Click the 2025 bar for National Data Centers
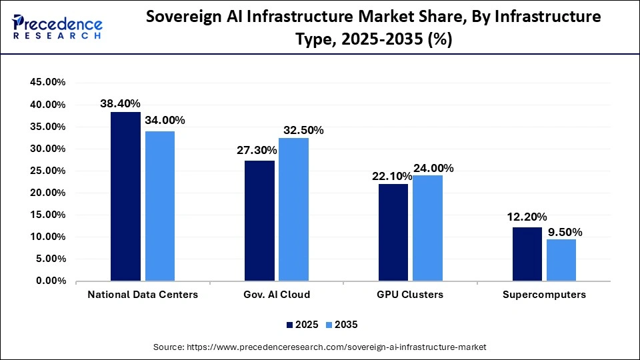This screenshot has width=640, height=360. [125, 197]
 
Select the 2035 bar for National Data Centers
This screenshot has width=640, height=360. [159, 206]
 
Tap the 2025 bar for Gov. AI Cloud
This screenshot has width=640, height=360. [259, 221]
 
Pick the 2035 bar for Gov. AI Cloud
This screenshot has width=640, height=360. [293, 209]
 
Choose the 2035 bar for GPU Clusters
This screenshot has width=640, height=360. [427, 228]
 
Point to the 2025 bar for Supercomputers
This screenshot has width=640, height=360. [527, 254]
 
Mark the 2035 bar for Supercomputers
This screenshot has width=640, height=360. [561, 260]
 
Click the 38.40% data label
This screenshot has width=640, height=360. [120, 103]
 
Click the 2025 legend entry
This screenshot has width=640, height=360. [302, 324]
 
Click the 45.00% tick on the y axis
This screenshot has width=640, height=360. [47, 83]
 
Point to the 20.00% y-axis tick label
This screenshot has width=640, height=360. [47, 193]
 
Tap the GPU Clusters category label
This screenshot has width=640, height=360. [410, 295]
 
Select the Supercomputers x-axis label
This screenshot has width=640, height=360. [544, 295]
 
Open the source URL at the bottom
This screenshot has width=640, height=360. [320, 347]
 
